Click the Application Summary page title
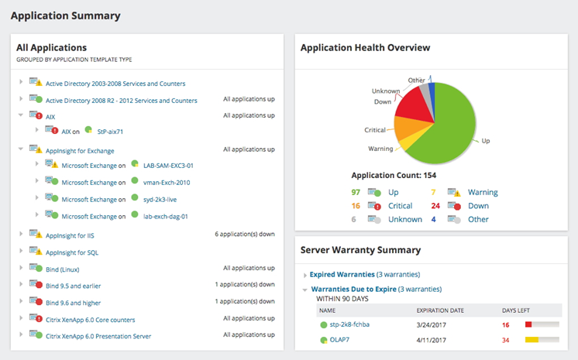65,15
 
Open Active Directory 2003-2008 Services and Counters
115,84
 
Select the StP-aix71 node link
109,132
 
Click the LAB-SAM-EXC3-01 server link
168,166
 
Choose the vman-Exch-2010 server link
167,183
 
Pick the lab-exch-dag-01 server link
166,217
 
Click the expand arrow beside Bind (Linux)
21,269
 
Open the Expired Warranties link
341,275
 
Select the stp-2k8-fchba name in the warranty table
349,324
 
